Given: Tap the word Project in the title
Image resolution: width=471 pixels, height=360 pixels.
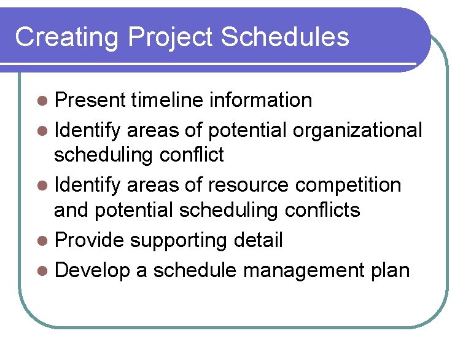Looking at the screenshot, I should (171, 37).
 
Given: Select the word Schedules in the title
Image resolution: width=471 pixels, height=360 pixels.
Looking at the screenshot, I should (285, 37).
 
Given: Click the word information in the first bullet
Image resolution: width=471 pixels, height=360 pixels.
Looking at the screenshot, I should (260, 100).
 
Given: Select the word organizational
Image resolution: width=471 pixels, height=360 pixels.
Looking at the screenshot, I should (357, 130).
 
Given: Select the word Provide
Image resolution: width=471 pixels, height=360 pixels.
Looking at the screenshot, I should (90, 240).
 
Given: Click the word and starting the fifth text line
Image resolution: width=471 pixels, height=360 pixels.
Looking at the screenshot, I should (71, 209).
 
